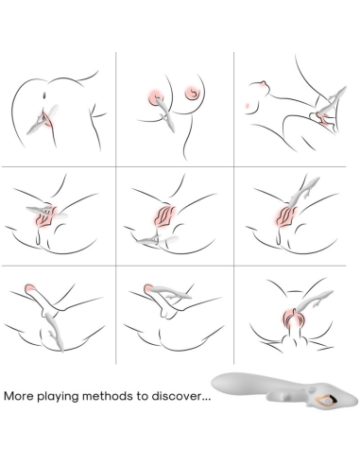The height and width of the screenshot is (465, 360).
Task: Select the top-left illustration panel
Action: point(60,109)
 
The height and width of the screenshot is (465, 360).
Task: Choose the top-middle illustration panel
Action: point(174,109)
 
